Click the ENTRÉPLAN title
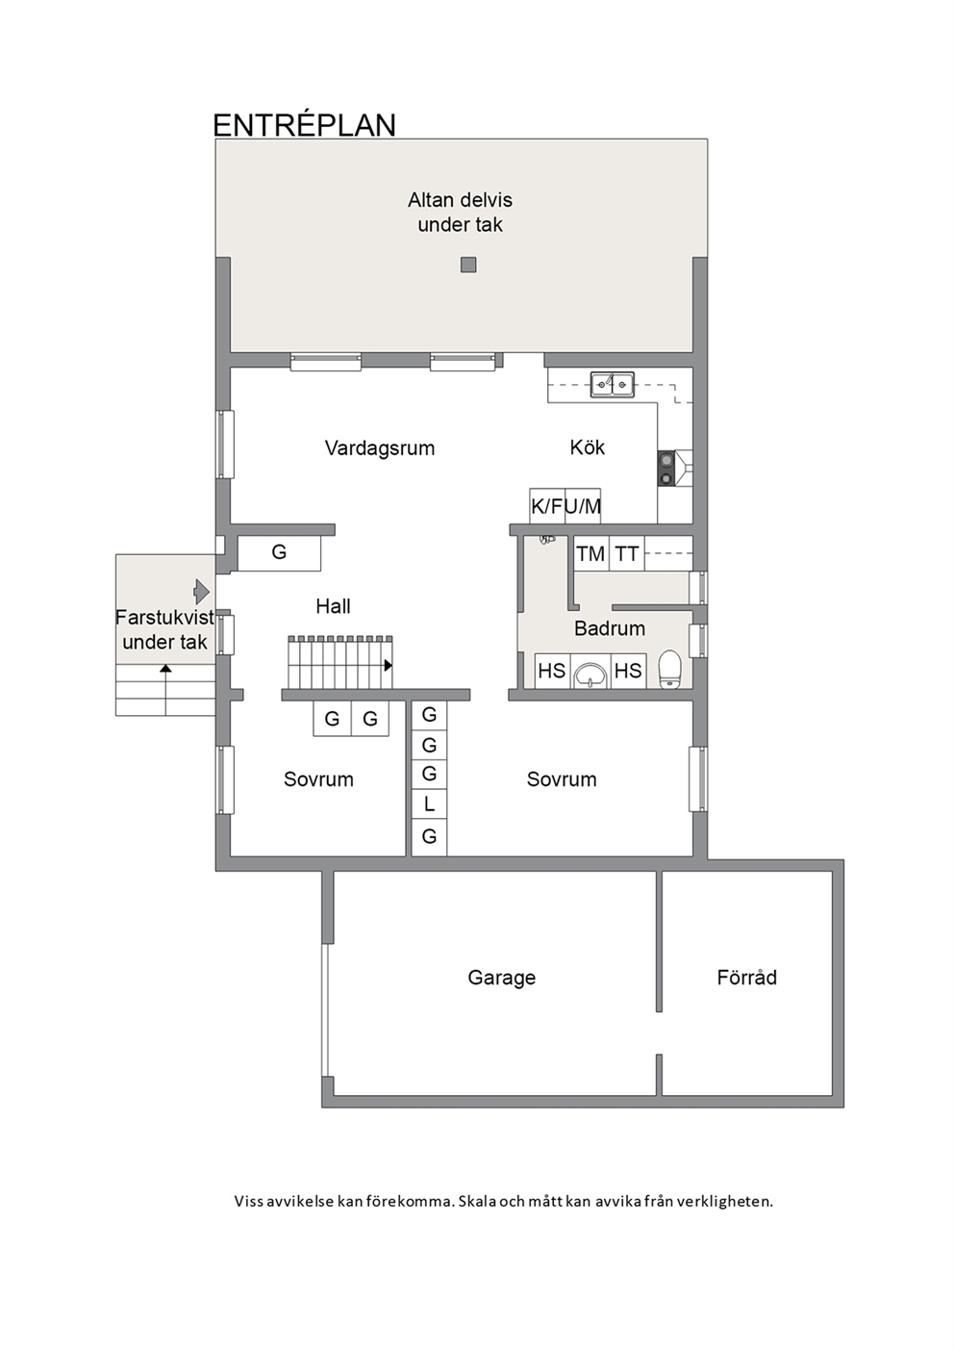304,125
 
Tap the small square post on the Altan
468,265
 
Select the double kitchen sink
612,384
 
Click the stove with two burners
666,469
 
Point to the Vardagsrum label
380,447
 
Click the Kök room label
588,447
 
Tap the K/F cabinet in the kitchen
547,505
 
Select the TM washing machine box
590,553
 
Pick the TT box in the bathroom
626,553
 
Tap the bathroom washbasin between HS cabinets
590,675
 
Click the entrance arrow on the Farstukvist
201,592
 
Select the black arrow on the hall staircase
388,665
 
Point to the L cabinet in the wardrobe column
429,804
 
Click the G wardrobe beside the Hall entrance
279,552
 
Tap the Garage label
502,977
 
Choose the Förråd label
747,977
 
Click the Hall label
333,606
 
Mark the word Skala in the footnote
477,1201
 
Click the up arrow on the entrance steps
165,669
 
